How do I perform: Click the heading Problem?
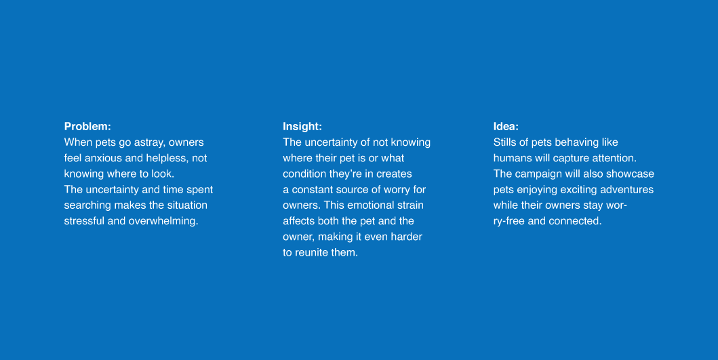pos(87,126)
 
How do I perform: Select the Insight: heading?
pos(302,126)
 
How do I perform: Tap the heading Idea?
pos(506,126)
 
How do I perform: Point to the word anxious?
pos(103,158)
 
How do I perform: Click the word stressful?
pos(84,221)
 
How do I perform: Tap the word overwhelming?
pos(163,221)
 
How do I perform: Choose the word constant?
pos(313,190)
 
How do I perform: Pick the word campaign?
pos(538,174)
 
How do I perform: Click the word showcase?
pos(630,174)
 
